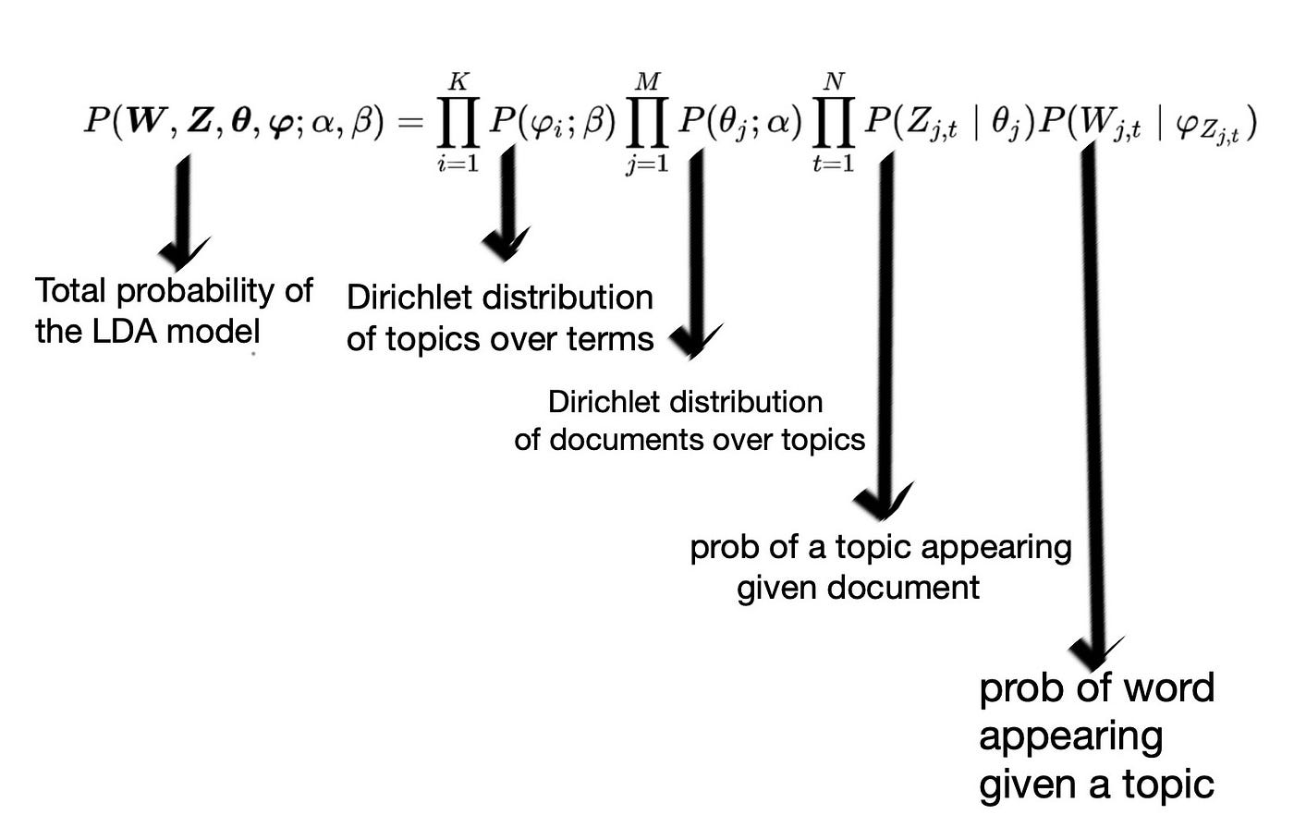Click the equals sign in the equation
(410, 122)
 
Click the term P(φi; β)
(551, 122)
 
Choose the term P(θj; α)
(739, 122)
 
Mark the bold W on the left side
(153, 122)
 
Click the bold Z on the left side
(201, 122)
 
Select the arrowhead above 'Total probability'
(182, 251)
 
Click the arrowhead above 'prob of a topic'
(882, 503)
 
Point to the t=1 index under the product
(834, 165)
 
